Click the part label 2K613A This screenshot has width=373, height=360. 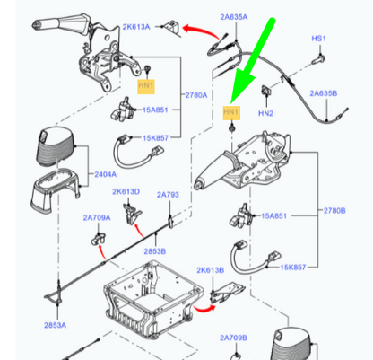point(136,27)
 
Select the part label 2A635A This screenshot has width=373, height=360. point(234,17)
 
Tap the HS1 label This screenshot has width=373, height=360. point(318,39)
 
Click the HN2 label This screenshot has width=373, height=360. point(265,113)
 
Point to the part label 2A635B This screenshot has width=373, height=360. point(324,93)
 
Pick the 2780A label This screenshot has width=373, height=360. point(196,95)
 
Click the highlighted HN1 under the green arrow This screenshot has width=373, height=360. point(231,112)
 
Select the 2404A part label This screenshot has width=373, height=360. point(106,174)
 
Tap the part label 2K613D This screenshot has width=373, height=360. point(126,191)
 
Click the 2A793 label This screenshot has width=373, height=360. point(168,195)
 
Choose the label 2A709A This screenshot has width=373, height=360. point(97,217)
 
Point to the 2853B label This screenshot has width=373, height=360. point(155,251)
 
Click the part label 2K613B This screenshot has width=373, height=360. point(210,270)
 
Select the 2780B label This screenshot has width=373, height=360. point(334,211)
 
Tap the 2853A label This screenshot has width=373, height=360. point(56,325)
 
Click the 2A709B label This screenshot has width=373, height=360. point(233,338)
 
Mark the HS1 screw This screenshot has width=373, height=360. point(318,59)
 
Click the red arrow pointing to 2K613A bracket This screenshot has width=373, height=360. point(200,31)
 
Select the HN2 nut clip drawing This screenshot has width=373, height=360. point(265,91)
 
